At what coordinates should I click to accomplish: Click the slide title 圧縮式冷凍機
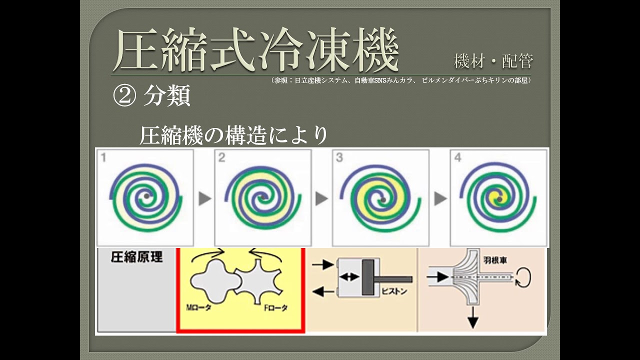coord(255,50)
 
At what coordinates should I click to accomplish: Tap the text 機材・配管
coord(493,61)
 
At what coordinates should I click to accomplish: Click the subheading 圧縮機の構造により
coord(233,135)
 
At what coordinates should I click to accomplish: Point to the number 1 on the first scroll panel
coord(103,158)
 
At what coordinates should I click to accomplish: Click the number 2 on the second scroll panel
coord(221,158)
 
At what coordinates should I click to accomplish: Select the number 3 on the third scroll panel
coord(339,158)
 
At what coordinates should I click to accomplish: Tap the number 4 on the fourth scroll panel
coord(457,158)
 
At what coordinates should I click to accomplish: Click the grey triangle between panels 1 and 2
coord(204,198)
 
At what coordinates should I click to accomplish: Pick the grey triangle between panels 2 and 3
coord(322,198)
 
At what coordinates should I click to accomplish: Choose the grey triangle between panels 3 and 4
coord(440,198)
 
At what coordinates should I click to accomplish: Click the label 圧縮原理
coord(136,257)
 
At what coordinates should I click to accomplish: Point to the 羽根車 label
coord(494,261)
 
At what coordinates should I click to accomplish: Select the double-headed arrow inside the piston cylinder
coord(349,276)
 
